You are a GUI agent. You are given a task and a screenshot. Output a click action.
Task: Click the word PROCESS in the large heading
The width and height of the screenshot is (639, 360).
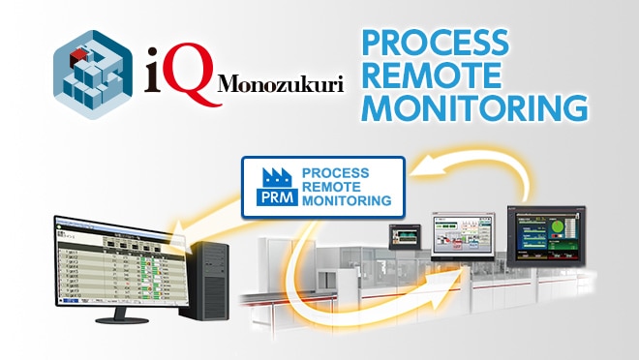[x=435, y=43]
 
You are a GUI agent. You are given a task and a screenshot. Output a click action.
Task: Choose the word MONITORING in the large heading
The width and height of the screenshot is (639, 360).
[x=474, y=105]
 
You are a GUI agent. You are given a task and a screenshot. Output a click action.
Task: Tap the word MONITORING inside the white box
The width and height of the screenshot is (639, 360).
[x=347, y=201]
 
